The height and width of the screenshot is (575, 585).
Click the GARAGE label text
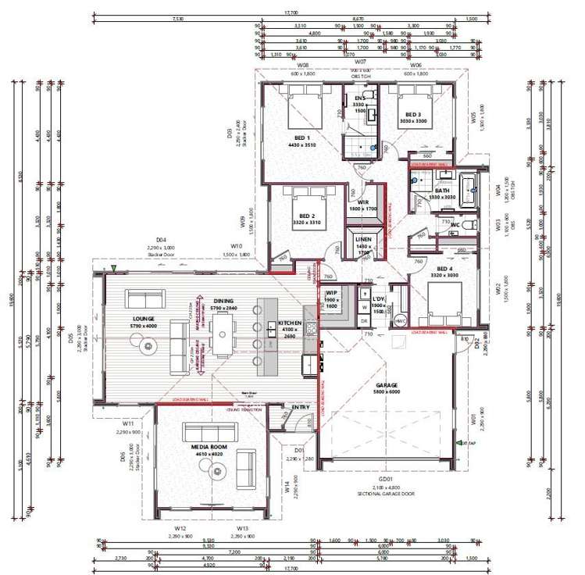click(387, 386)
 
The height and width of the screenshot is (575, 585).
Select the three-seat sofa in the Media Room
click(209, 433)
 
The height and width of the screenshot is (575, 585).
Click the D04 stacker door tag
click(161, 240)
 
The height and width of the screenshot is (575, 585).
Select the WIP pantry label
click(330, 294)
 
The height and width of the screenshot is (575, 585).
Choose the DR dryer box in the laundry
click(364, 320)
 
